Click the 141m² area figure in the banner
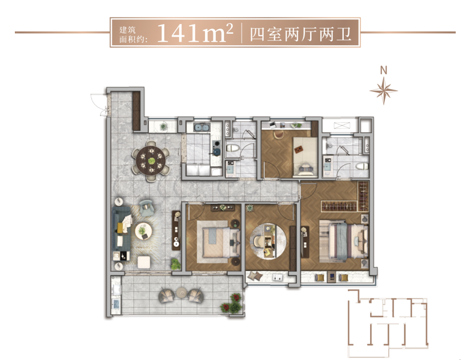click(195, 33)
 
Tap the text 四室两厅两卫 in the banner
click(300, 34)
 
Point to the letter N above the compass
click(384, 70)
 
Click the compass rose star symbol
click(384, 90)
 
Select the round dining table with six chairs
click(151, 161)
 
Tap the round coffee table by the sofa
click(143, 231)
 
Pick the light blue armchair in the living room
click(147, 207)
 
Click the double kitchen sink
click(202, 127)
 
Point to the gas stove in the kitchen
click(216, 147)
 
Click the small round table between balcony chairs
click(181, 293)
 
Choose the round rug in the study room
click(268, 241)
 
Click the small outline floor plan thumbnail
click(388, 323)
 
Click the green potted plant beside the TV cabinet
click(175, 264)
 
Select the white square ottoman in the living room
click(144, 262)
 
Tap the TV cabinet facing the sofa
click(176, 230)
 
